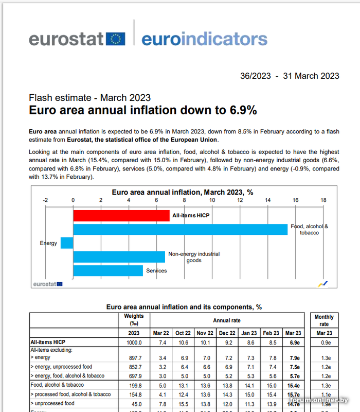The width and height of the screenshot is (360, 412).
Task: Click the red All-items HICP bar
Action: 121,215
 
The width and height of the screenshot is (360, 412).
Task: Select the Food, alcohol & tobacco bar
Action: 180,229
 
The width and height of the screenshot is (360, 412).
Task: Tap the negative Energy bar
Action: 67,243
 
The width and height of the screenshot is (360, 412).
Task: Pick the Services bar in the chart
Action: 108,270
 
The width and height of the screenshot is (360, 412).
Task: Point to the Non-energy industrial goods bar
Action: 119,256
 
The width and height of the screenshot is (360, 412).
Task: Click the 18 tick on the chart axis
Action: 323,200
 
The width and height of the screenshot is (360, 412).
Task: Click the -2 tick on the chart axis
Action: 45,200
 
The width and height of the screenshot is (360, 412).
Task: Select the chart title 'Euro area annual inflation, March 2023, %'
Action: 182,192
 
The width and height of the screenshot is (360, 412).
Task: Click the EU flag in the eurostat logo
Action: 116,39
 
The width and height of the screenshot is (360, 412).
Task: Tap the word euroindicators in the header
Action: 204,39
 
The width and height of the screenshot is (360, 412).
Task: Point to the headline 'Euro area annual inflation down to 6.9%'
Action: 142,110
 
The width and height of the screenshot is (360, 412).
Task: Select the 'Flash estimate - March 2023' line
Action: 89,98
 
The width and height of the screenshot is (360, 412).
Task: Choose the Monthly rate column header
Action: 324,320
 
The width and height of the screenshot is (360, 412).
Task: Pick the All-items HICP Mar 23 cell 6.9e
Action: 293,342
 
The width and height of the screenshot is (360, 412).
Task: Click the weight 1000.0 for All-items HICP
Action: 134,342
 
